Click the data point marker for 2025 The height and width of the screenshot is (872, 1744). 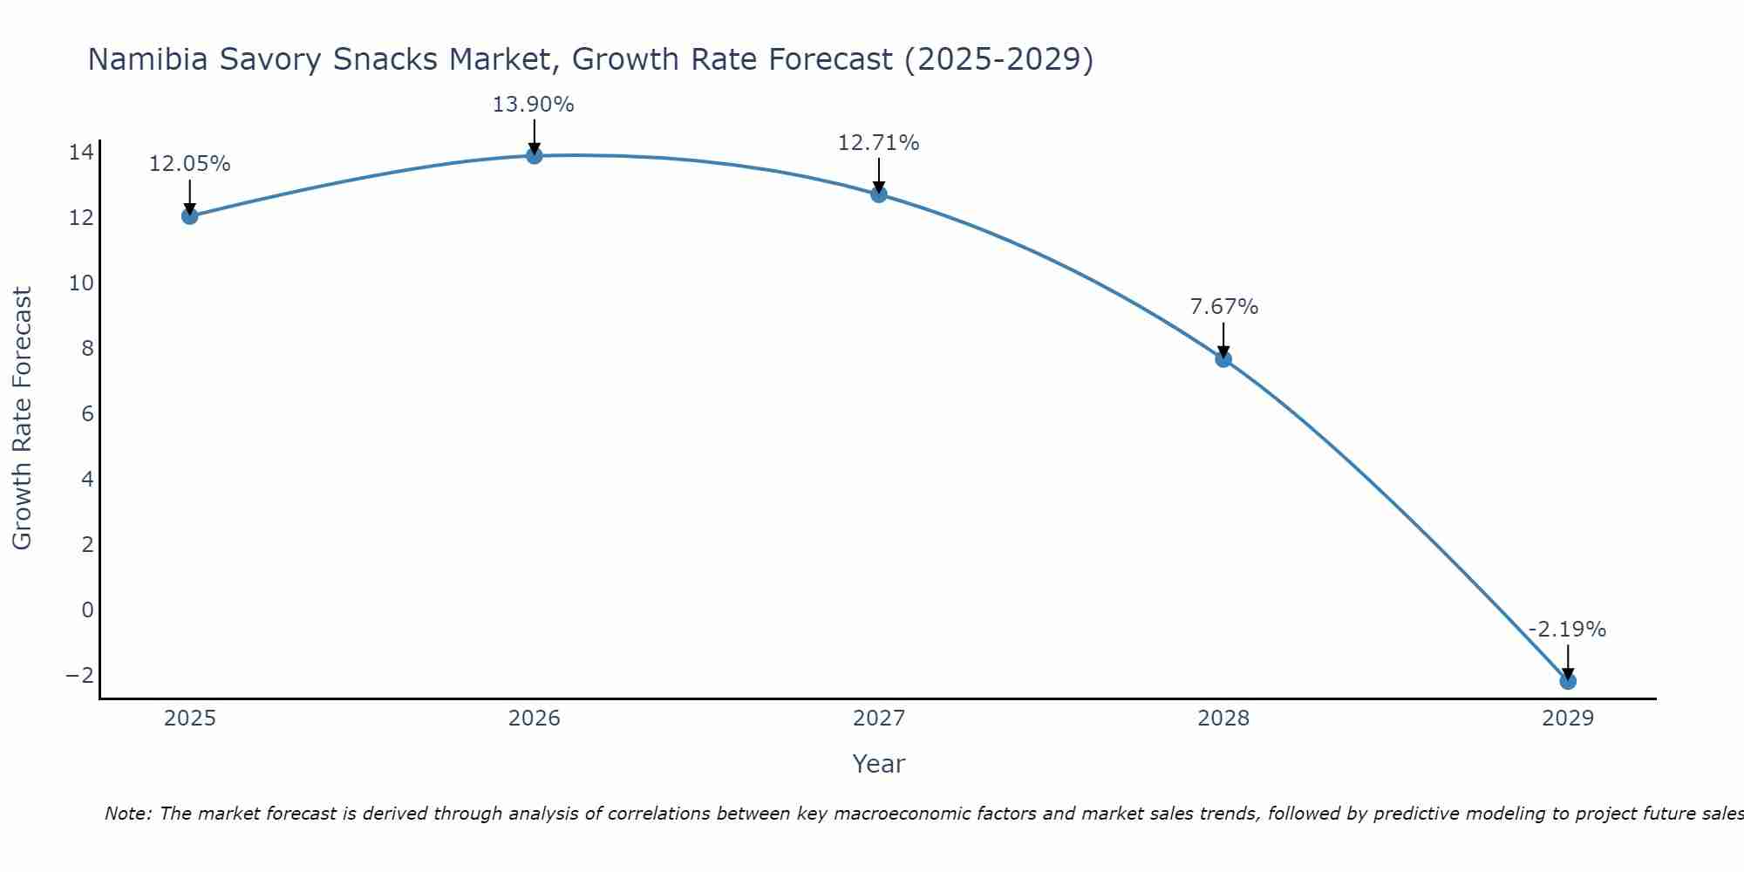[190, 215]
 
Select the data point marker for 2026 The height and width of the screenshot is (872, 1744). [535, 155]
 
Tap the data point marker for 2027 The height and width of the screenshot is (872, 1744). [879, 194]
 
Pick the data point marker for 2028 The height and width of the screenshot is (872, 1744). [1223, 358]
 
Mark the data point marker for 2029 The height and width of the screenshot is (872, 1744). [1568, 681]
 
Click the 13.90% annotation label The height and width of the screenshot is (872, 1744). [534, 105]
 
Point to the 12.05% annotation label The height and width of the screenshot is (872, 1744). [190, 164]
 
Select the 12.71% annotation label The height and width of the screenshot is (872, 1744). [879, 143]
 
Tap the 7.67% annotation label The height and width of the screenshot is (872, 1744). [1224, 307]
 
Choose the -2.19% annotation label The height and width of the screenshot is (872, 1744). [1567, 630]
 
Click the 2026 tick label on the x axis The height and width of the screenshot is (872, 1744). [535, 719]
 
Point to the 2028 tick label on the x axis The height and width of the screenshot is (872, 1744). [1223, 719]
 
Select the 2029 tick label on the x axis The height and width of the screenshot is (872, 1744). [1568, 719]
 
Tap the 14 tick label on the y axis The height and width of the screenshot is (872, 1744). [81, 153]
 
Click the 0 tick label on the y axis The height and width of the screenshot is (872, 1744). [87, 610]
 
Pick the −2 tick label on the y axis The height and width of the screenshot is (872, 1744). [79, 675]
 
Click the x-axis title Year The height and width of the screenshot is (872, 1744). [879, 764]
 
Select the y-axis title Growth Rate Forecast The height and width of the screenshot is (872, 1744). [23, 419]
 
